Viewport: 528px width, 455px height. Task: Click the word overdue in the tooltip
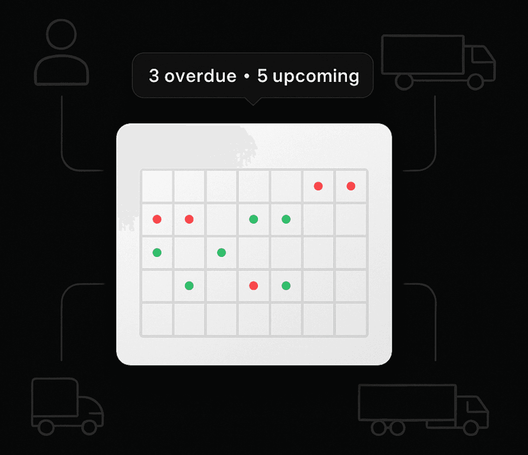(200, 76)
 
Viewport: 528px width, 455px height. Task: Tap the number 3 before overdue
(154, 76)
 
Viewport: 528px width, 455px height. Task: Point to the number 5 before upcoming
(262, 76)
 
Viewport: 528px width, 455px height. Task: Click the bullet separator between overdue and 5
(247, 76)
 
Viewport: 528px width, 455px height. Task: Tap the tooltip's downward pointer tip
(253, 105)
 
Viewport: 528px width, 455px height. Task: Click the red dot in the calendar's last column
(351, 186)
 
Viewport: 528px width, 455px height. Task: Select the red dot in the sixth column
(318, 186)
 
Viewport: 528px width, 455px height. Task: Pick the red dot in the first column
(157, 219)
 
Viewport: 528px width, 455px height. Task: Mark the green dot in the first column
(157, 253)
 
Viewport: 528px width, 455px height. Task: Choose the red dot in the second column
(189, 219)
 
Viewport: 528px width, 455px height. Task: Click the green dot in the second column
(189, 286)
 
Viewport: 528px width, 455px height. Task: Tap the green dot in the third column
(221, 253)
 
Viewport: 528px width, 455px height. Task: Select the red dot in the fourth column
(254, 286)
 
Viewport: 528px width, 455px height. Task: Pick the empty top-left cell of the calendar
(157, 186)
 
